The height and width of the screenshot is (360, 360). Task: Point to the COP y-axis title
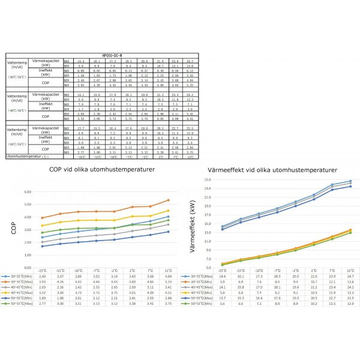(x=13, y=229)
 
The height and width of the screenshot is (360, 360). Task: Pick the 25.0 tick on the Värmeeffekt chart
(x=207, y=179)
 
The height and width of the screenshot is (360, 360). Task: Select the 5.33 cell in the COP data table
(x=168, y=281)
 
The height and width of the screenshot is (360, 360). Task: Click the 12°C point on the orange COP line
(x=169, y=200)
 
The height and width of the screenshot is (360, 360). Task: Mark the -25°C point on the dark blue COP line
(x=42, y=246)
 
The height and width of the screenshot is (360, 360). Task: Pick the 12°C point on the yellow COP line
(x=169, y=211)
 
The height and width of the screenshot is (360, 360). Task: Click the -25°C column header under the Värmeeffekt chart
(x=222, y=271)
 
